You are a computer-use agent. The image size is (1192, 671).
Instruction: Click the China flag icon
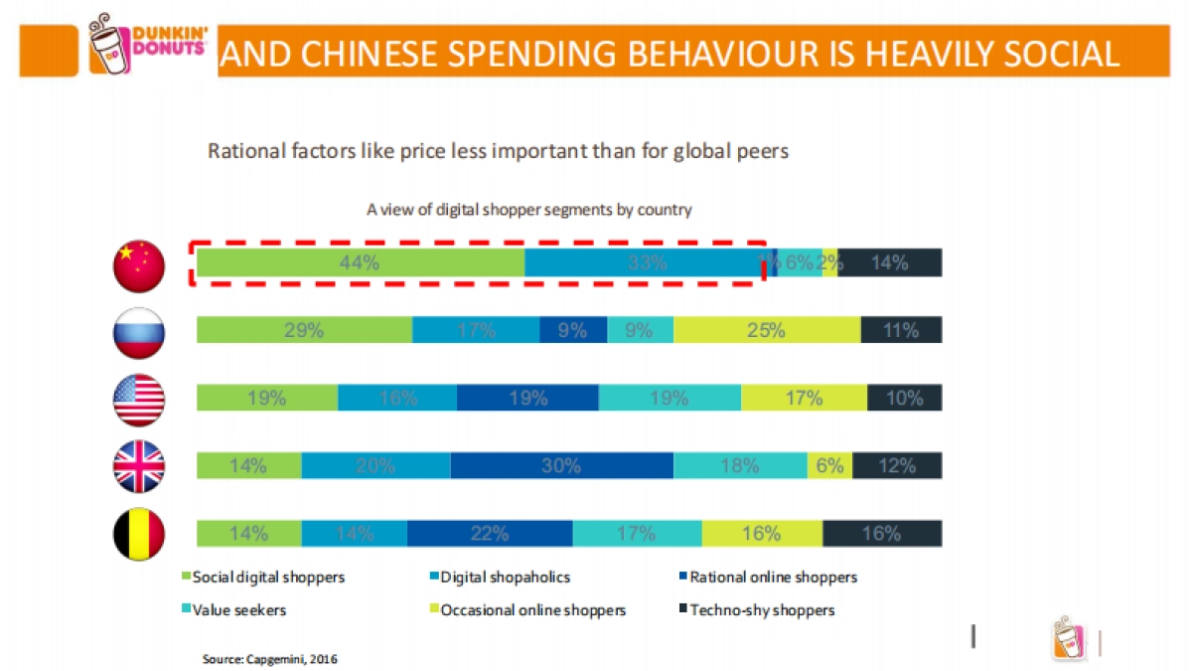[x=140, y=265]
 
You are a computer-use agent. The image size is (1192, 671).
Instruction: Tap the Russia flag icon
[x=140, y=332]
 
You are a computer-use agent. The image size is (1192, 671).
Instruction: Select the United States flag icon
[x=140, y=400]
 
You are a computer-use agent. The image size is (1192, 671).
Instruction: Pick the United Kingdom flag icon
[x=140, y=466]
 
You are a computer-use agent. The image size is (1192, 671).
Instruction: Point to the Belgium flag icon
[x=140, y=534]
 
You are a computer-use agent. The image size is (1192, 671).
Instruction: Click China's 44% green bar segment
[x=360, y=263]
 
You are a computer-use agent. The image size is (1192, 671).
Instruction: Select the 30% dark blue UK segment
[x=561, y=465]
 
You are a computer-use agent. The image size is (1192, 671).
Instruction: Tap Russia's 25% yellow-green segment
[x=767, y=331]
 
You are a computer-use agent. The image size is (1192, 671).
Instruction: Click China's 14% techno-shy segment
[x=889, y=263]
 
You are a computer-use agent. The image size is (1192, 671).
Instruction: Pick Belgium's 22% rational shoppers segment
[x=490, y=533]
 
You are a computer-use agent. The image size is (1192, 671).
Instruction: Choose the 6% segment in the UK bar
[x=829, y=465]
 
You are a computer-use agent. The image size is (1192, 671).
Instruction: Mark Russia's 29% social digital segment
[x=304, y=331]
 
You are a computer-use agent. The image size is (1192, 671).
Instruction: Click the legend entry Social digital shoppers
[x=263, y=577]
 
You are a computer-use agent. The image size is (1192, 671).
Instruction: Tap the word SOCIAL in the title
[x=1053, y=53]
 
